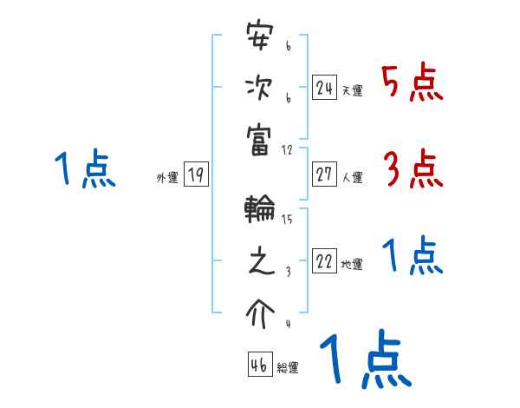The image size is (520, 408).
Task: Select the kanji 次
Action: click(260, 89)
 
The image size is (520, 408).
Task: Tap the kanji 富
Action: click(260, 139)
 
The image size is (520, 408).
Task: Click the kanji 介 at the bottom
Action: click(260, 310)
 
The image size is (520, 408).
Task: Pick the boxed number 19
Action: click(196, 175)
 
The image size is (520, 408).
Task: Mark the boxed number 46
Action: click(259, 365)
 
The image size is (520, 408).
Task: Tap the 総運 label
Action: click(287, 368)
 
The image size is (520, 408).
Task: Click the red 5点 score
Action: click(412, 83)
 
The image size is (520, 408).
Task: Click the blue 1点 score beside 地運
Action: click(413, 256)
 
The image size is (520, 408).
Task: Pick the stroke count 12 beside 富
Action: click(288, 149)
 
